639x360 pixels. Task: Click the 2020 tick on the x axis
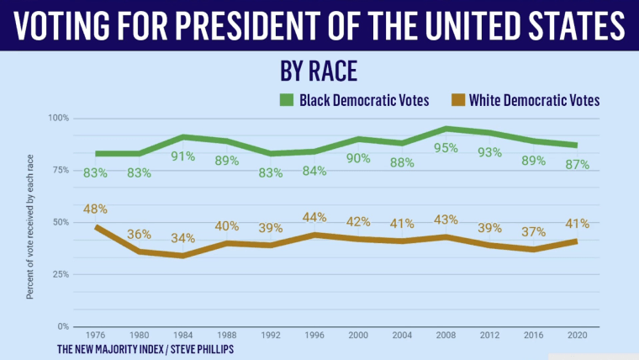pos(576,336)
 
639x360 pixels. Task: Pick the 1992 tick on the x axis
pos(271,336)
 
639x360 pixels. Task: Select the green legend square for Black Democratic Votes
pos(286,100)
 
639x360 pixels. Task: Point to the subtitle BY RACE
pos(319,71)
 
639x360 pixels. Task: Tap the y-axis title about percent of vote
pos(29,225)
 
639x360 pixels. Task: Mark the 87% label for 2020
pos(576,164)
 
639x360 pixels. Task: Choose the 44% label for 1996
pos(314,217)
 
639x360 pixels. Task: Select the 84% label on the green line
pos(314,171)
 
